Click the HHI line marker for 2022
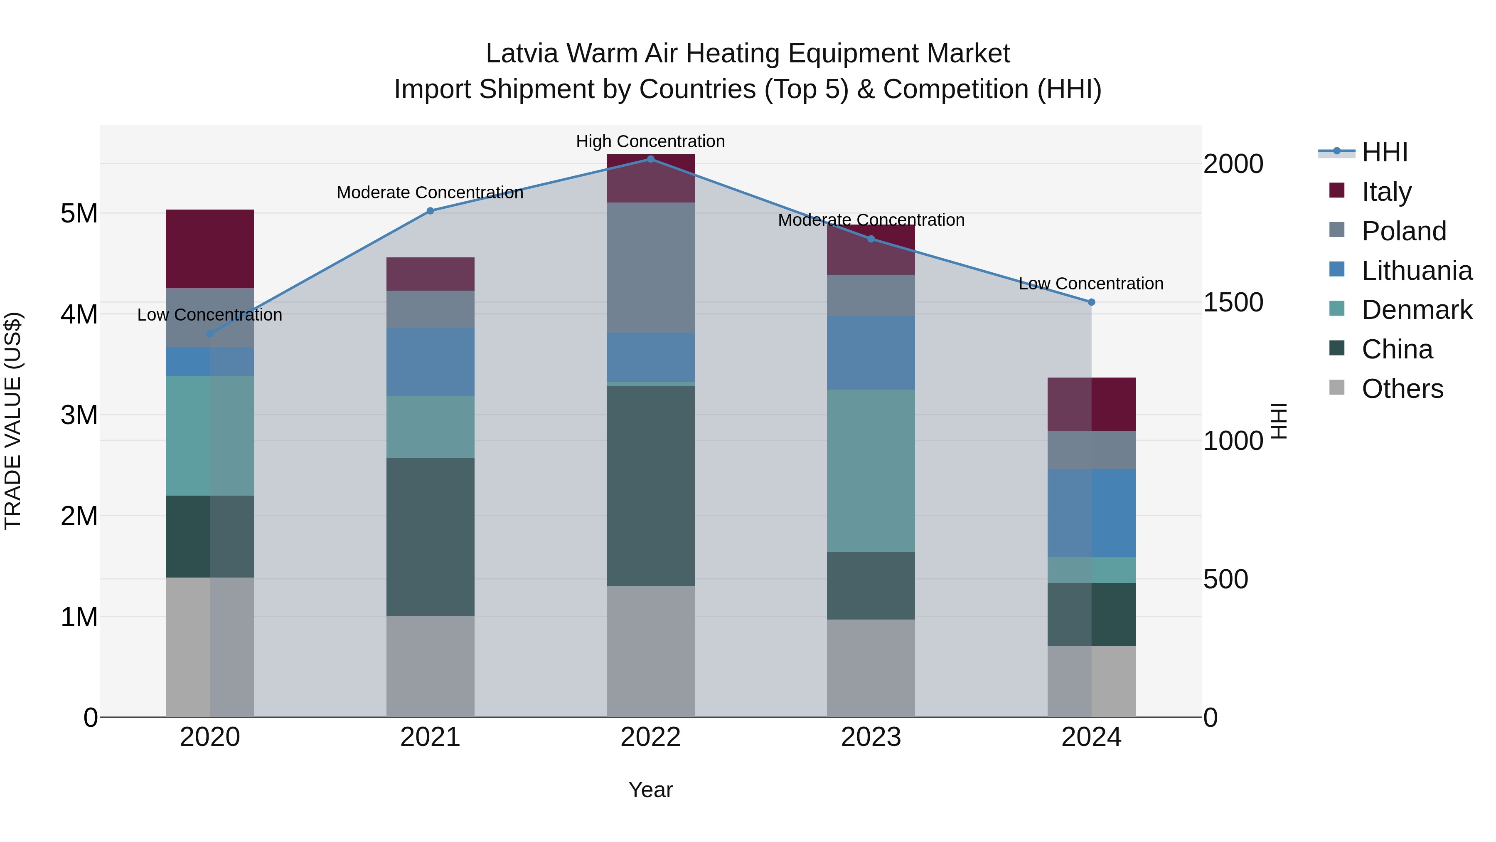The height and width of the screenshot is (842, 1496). click(x=650, y=159)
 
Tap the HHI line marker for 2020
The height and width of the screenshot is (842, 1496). click(x=210, y=333)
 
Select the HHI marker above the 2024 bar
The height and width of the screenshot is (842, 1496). click(x=1091, y=302)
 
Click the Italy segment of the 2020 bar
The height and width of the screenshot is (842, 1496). click(x=210, y=249)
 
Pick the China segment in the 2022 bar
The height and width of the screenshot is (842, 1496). click(x=650, y=486)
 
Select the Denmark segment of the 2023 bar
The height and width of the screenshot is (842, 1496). click(x=871, y=471)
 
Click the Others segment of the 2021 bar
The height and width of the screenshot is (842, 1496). click(x=431, y=667)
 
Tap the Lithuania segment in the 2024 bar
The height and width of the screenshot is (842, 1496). click(x=1091, y=513)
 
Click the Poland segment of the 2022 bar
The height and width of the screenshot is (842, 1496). click(x=650, y=267)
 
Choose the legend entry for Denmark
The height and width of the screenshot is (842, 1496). click(x=1417, y=310)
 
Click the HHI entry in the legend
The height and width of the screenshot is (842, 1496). click(x=1385, y=152)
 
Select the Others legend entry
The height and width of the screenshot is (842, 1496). click(x=1402, y=389)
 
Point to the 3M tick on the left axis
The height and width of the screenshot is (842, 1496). click(x=79, y=415)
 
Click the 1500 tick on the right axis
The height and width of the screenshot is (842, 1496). click(x=1233, y=302)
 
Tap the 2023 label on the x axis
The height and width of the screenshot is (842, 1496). click(x=871, y=737)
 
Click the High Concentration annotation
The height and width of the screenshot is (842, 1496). click(x=650, y=141)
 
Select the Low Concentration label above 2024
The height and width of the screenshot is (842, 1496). click(x=1091, y=284)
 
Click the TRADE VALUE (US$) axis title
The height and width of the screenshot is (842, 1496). click(x=13, y=421)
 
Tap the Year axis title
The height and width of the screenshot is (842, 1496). click(x=650, y=790)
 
